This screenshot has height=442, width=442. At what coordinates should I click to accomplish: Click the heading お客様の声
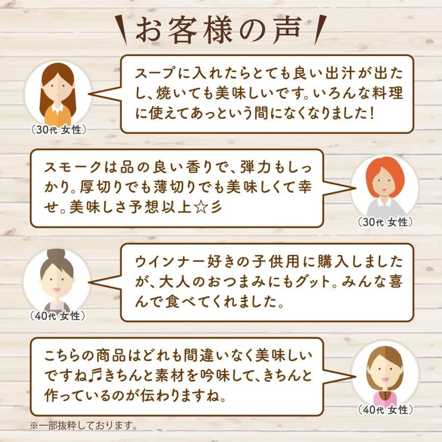[221, 31]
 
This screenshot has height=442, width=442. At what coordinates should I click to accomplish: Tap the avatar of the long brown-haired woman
[58, 93]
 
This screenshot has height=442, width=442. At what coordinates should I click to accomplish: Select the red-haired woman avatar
[385, 185]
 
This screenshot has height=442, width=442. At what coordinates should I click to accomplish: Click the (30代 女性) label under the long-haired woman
[58, 130]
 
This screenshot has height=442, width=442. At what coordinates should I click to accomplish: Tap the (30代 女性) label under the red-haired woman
[385, 222]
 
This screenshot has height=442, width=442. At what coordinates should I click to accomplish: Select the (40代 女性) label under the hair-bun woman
[58, 316]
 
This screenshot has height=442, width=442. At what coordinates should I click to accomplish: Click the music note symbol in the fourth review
[94, 375]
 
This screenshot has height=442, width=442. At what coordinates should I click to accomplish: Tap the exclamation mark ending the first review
[372, 113]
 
